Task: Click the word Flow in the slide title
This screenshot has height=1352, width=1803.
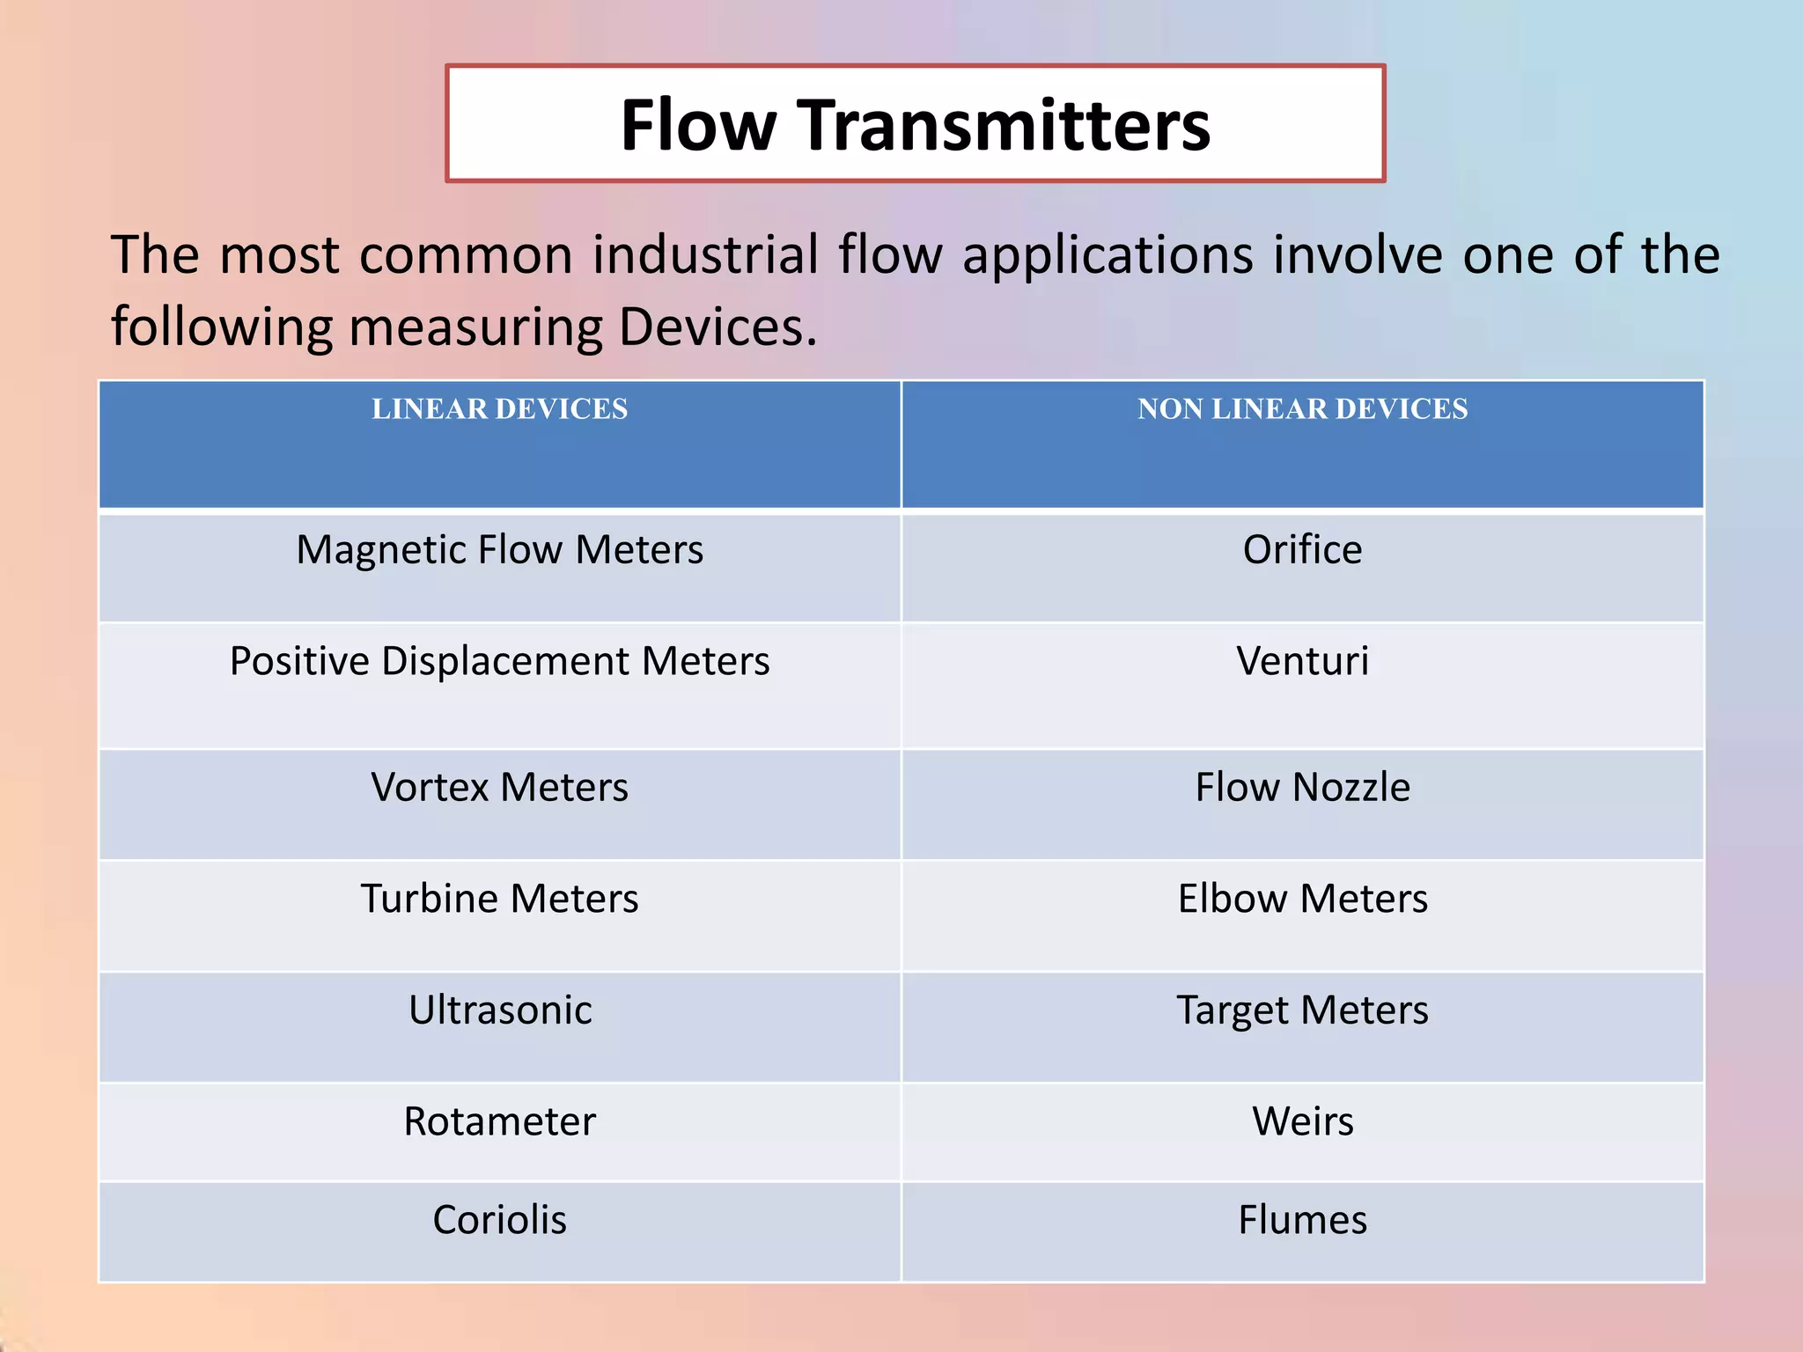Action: click(x=697, y=125)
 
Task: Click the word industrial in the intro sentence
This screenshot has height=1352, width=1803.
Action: click(x=704, y=255)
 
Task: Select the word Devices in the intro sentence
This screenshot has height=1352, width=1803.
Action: click(x=717, y=327)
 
